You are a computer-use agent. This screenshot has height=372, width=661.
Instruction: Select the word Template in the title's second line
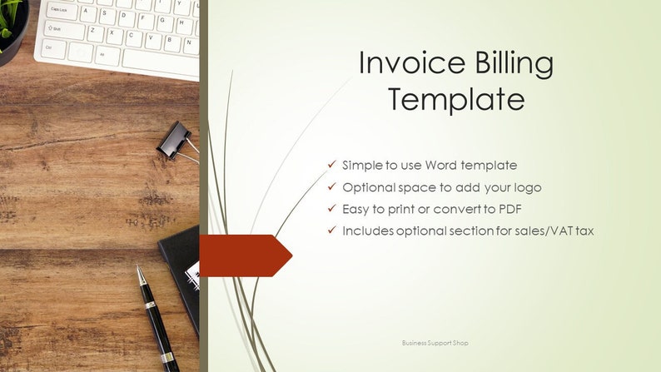point(456,99)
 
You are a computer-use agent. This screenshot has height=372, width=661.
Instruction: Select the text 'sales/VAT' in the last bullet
point(520,230)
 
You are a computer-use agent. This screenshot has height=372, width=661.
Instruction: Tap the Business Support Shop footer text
point(440,342)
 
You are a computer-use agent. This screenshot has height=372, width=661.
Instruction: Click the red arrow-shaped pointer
point(246,255)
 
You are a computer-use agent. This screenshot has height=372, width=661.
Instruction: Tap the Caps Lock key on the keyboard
point(59,9)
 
